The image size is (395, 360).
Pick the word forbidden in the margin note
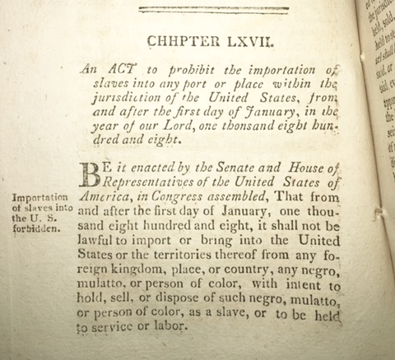pos(35,228)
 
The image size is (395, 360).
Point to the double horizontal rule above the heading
pos(213,10)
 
